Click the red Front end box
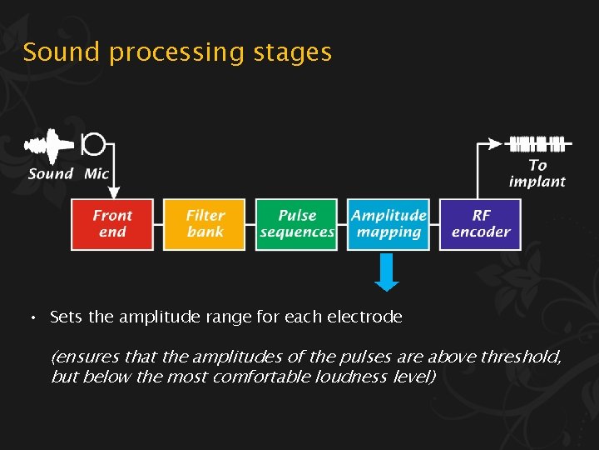point(112,223)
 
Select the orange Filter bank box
point(205,223)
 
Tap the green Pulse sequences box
point(297,223)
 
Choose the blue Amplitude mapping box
point(389,223)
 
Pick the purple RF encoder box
point(480,223)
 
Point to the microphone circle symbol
point(94,144)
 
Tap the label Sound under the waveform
point(51,174)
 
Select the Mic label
point(97,174)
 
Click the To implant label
point(537,173)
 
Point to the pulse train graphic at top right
point(537,143)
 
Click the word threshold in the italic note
point(525,357)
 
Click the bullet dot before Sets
point(31,318)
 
